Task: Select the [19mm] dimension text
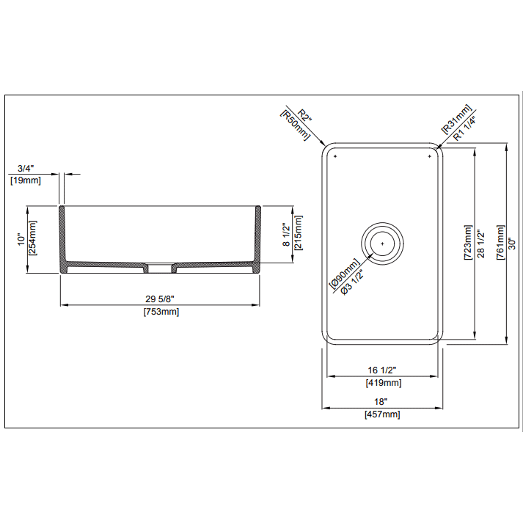pos(25,179)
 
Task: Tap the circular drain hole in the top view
pos(382,241)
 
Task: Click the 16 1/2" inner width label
pos(382,370)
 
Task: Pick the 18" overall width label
pos(381,402)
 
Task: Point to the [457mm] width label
pos(382,414)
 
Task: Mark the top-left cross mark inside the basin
pos(334,157)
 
